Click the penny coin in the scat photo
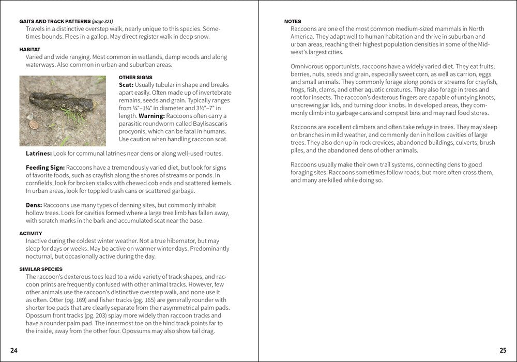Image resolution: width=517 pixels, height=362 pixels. [34, 124]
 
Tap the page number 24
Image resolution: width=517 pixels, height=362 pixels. [14, 351]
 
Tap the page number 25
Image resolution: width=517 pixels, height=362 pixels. [503, 351]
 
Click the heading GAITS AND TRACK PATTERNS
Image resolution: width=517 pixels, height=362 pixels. [54, 21]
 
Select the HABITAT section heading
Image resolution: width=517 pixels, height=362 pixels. [30, 49]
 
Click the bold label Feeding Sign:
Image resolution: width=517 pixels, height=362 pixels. [45, 168]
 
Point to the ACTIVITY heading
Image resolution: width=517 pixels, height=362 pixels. [31, 233]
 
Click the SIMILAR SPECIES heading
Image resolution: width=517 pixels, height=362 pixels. [41, 269]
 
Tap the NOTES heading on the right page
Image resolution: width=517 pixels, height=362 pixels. [293, 21]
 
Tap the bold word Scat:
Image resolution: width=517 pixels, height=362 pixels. [126, 85]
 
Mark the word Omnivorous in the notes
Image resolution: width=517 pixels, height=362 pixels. [309, 66]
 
